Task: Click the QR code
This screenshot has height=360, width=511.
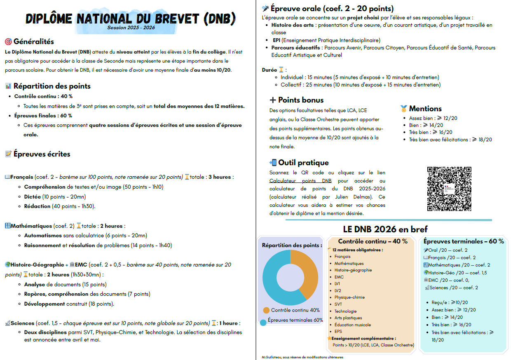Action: pos(449,188)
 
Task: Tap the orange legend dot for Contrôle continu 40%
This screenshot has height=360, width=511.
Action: pos(266,310)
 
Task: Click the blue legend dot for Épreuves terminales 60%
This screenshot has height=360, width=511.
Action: pos(263,322)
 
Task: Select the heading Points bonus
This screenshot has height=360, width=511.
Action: pos(301,100)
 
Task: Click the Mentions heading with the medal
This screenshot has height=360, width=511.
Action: pos(425,109)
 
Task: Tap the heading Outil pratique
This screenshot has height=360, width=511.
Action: pos(303,163)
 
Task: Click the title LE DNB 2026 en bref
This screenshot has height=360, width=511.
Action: pos(385,229)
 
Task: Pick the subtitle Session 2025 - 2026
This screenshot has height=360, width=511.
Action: pos(131,28)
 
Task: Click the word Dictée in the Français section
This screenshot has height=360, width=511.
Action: pos(32,196)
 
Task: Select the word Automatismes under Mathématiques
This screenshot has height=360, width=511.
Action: pos(43,236)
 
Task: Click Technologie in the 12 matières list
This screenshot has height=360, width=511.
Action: pos(345,311)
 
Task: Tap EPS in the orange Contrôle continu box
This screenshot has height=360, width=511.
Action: pos(338,331)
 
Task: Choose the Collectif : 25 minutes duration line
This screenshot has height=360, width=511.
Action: pos(361,85)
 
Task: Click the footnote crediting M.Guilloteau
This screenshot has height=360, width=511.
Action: pos(302,357)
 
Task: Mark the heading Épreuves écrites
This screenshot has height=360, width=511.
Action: pos(42,154)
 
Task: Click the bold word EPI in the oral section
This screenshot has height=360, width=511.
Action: pos(276,40)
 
